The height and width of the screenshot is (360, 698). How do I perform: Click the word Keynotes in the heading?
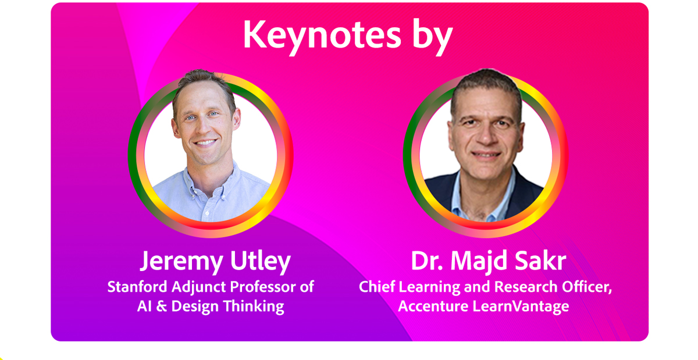tap(322, 34)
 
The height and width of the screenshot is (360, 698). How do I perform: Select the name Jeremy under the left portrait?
tap(181, 262)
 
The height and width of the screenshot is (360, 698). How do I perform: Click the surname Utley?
tap(261, 262)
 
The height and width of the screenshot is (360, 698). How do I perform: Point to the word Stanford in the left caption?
tap(137, 287)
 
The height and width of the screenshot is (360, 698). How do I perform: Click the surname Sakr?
tap(540, 261)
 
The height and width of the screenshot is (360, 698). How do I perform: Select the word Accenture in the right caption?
tap(433, 306)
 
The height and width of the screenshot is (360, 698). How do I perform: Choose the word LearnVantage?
tap(521, 306)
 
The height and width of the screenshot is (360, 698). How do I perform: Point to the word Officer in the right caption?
tap(587, 287)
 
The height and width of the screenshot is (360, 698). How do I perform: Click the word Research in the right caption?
tap(526, 287)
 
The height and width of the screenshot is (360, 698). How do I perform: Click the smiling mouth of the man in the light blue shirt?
tap(205, 143)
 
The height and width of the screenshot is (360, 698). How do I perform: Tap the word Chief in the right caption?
tap(377, 287)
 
